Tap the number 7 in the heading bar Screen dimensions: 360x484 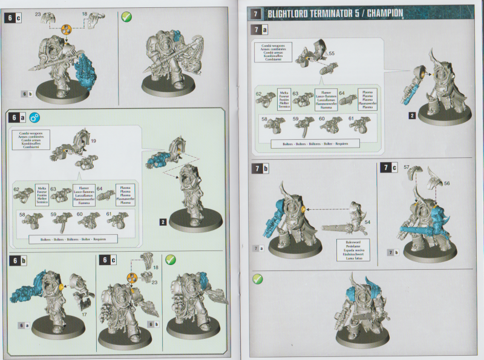point(257,12)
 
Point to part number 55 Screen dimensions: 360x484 point(332,54)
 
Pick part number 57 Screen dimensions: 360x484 point(407,166)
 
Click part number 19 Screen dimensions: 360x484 point(94,141)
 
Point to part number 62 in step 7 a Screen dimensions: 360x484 point(259,94)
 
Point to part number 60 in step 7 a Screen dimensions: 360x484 point(322,119)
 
